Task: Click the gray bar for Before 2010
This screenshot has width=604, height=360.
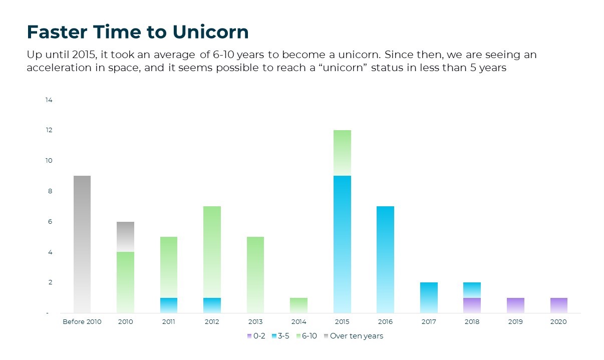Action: point(82,244)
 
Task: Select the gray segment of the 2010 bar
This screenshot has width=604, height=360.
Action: point(125,237)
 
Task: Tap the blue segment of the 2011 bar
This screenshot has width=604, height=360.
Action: point(169,305)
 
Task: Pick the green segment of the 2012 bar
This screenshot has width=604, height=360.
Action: point(212,252)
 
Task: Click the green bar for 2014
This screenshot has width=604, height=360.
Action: point(299,305)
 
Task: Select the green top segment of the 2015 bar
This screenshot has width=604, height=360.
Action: point(342,153)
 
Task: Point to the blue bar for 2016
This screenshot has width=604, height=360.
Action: point(385,260)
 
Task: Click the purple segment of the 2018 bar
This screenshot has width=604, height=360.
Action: point(472,305)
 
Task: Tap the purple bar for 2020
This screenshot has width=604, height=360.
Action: point(559,305)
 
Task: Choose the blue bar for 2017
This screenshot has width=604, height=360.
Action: point(429,298)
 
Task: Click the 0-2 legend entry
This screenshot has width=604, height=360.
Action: point(256,336)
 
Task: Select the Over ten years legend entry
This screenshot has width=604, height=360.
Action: point(354,336)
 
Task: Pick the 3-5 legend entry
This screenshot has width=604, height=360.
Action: point(280,336)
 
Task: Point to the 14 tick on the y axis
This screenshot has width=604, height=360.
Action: point(49,100)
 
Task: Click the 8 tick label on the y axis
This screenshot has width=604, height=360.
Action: point(50,191)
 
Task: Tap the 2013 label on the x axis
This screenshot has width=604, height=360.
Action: point(255,322)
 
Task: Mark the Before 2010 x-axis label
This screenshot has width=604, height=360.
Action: point(82,322)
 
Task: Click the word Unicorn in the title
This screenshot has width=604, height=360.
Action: point(210,32)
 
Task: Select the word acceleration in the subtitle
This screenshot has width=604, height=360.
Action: point(59,68)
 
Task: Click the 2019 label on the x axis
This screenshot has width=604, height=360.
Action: point(515,322)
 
